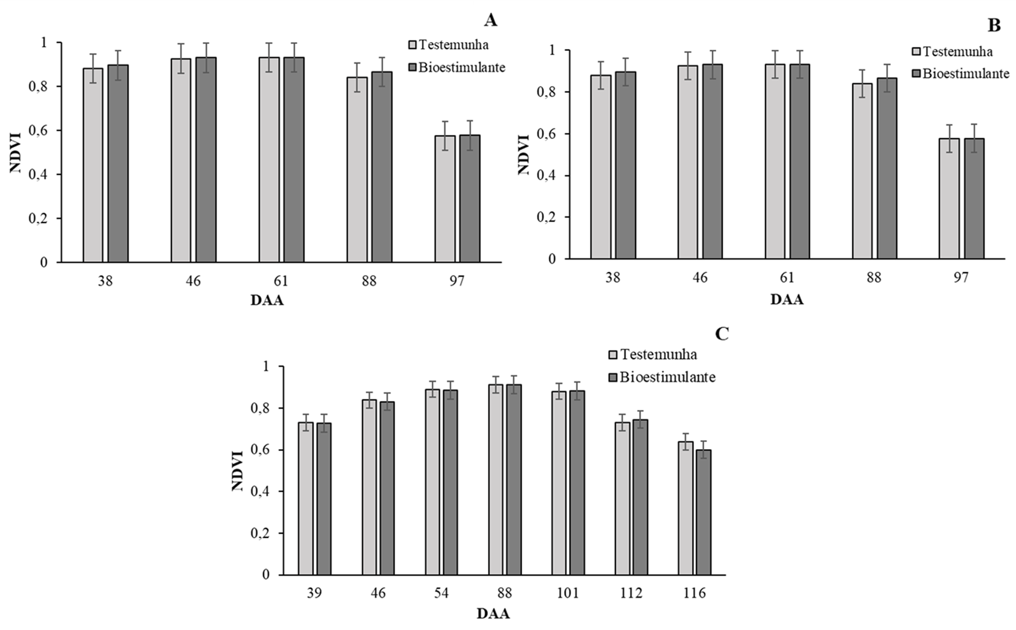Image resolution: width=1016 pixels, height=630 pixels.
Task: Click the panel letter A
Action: click(491, 20)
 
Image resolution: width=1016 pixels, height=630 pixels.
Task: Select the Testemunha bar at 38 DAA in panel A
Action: click(93, 165)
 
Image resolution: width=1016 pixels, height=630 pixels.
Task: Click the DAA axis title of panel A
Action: click(267, 300)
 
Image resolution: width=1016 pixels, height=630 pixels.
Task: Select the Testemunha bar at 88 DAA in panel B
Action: click(862, 171)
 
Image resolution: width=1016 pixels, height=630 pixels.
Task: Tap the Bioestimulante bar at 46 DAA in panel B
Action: click(713, 162)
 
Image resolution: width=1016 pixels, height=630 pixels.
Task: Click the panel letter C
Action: click(722, 334)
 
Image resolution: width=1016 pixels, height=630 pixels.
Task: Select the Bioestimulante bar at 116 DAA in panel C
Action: click(704, 513)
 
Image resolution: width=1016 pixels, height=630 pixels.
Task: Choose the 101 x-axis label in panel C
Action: click(568, 593)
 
